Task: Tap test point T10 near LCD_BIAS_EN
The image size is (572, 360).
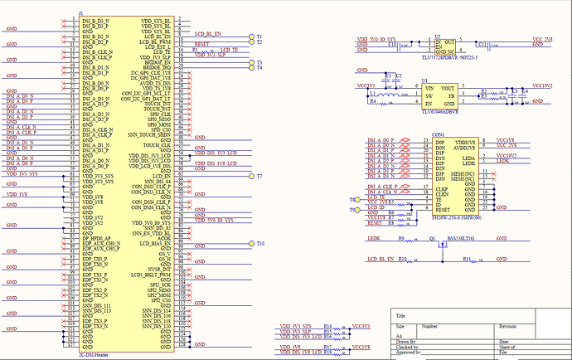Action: point(251,243)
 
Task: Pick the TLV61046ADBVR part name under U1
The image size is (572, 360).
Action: point(438,110)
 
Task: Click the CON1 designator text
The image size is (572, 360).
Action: point(438,134)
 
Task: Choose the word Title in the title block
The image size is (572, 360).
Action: point(402,316)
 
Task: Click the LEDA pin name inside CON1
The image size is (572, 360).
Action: point(468,157)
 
